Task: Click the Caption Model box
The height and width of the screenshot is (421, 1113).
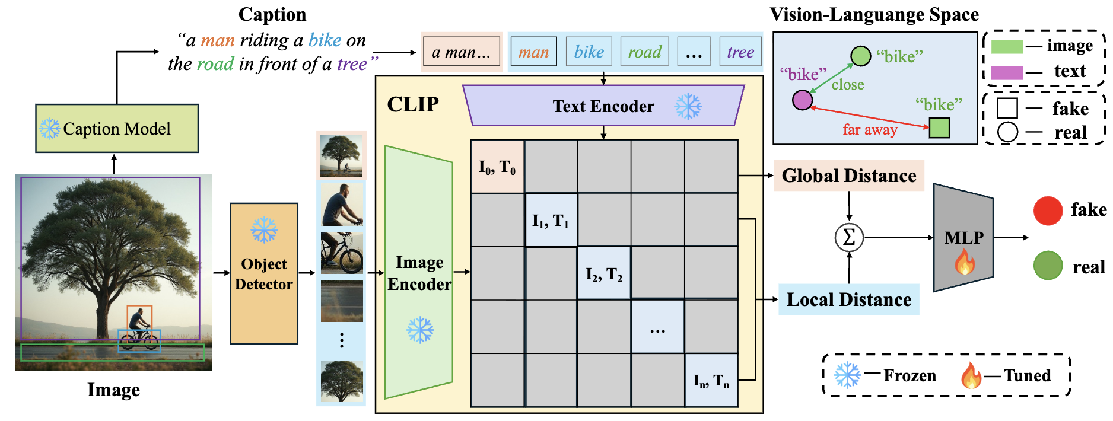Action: coord(117,129)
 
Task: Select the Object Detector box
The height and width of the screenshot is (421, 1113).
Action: coord(264,273)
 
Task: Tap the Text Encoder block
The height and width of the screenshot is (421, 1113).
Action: coord(603,106)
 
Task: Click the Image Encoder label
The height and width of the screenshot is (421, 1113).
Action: coord(419,273)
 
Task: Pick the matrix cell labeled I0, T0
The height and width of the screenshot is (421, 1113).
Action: coord(497,167)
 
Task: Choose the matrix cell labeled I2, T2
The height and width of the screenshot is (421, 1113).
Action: coord(604,274)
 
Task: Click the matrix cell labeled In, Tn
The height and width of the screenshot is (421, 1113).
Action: coord(711,380)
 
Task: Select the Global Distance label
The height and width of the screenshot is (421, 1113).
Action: coord(848,176)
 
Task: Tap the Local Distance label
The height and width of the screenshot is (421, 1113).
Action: coord(848,299)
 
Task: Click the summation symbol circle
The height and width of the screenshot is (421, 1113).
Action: coord(849,238)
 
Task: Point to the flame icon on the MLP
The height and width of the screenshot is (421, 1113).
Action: coord(965,261)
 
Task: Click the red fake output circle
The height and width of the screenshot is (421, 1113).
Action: coord(1048,210)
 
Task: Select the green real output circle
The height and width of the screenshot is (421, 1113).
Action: coord(1048,266)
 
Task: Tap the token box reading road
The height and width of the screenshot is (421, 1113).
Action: coord(644,52)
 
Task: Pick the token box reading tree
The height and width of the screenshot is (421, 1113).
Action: coord(740,52)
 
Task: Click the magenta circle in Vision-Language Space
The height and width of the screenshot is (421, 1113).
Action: coord(802,100)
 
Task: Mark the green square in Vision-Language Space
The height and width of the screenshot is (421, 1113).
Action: coord(939,127)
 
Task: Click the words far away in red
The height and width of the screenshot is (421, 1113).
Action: coord(870,130)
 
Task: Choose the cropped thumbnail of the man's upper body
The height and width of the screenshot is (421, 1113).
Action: coord(342,205)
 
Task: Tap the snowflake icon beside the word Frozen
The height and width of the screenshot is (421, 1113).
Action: coord(847,375)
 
